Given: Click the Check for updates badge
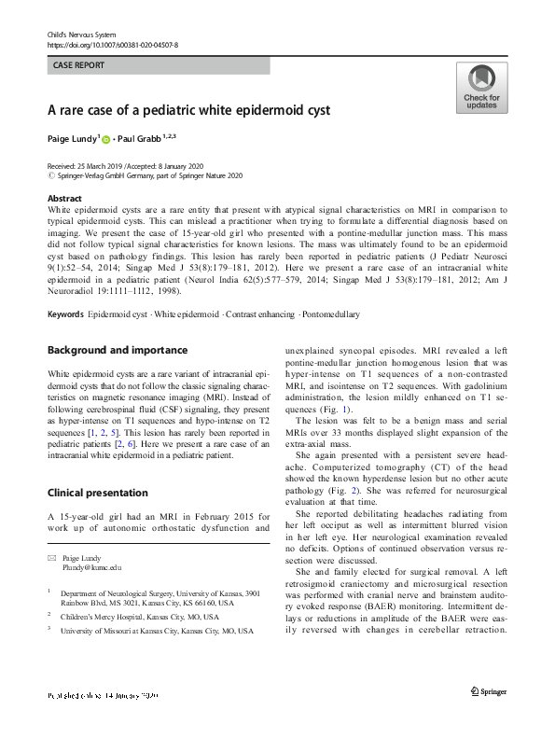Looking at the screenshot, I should [x=481, y=89].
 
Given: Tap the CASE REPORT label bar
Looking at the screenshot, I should [x=160, y=66].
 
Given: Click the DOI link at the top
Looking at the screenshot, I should [x=112, y=44].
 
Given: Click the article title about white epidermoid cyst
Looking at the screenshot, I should [x=188, y=109].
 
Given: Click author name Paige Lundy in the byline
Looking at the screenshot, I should [x=72, y=139].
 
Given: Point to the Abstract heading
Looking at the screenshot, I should [x=63, y=200].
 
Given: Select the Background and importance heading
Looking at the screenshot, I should [x=118, y=350].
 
